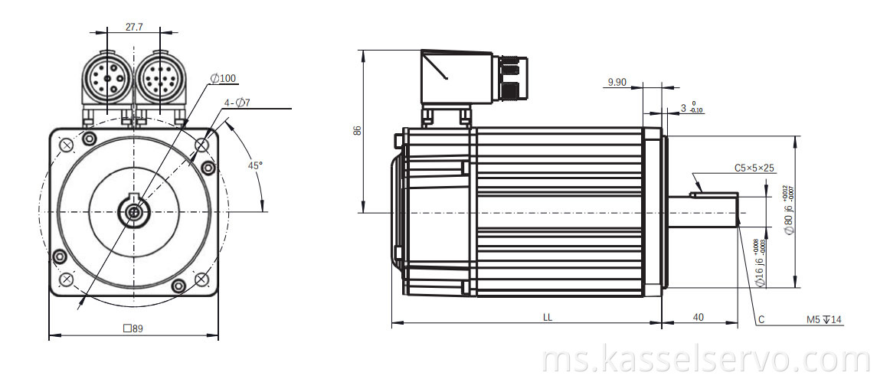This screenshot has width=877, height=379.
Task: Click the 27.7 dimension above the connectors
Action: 134,26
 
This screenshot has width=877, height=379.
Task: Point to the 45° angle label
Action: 254,165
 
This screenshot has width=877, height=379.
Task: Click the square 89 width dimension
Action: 133,328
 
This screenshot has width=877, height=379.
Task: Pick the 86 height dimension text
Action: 357,130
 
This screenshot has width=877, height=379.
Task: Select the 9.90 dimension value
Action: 617,82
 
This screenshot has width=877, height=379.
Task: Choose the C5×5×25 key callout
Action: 754,167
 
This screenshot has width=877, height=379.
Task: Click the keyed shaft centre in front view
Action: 135,212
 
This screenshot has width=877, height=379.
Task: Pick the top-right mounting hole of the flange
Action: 202,144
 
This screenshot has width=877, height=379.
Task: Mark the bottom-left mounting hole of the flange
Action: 67,279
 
